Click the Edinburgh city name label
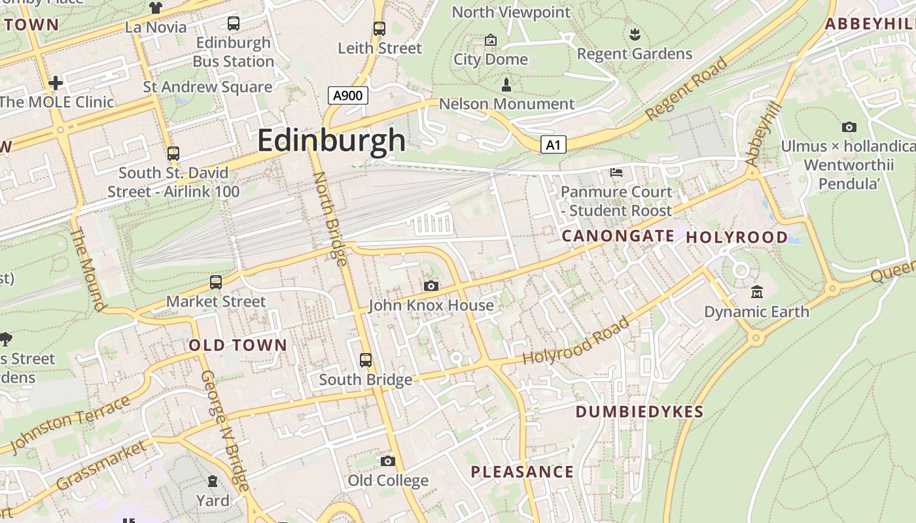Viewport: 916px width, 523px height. (331, 141)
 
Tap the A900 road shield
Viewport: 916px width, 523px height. (347, 95)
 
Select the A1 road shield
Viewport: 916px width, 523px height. (553, 144)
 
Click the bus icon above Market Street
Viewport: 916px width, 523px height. (216, 282)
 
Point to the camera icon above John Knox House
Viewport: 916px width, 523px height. (431, 286)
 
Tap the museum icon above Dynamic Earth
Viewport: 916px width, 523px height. (757, 292)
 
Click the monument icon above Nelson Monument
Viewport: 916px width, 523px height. (506, 84)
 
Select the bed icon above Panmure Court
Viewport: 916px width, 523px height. (616, 173)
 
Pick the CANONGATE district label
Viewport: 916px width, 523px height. (618, 236)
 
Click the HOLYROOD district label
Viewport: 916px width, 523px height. (737, 237)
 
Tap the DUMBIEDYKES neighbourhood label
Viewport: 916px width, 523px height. (639, 412)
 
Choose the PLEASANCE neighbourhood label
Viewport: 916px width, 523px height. (522, 472)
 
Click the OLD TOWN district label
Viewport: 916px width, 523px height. (238, 345)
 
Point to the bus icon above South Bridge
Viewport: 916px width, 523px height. (366, 360)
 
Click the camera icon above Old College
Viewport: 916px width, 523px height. (388, 462)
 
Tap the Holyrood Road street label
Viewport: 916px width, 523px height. (576, 341)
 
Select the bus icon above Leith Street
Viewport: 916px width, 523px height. (379, 29)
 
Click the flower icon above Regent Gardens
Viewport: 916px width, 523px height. (634, 34)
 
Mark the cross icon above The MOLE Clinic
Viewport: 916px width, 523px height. (56, 83)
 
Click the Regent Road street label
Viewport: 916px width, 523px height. (686, 89)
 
